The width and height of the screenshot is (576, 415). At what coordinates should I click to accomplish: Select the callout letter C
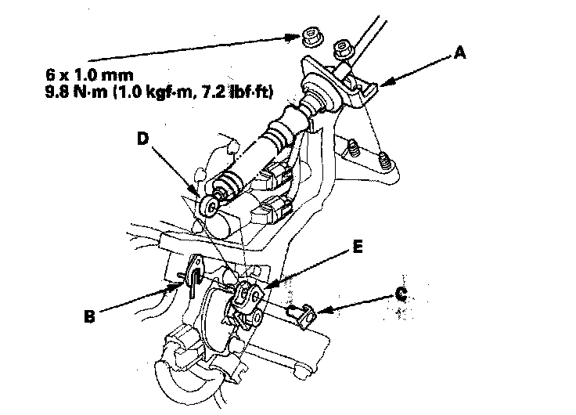(401, 297)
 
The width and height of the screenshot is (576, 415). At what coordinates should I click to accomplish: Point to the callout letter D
(142, 138)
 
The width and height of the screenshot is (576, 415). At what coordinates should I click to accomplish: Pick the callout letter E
(358, 246)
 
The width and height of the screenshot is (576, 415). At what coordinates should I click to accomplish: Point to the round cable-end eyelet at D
(209, 206)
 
